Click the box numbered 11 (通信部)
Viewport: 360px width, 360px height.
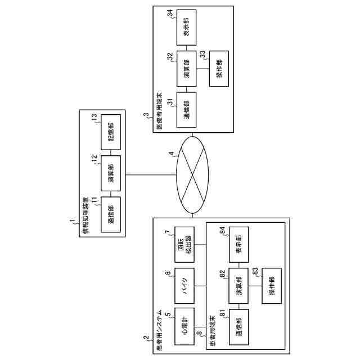coord(110,214)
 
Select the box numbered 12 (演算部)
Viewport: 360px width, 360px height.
coord(110,174)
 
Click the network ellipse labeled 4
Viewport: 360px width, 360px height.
coord(193,175)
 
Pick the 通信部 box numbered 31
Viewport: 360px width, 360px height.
coord(186,109)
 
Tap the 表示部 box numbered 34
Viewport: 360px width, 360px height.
coord(186,26)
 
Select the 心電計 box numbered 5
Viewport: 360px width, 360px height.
coord(186,325)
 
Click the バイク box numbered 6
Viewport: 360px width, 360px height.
coord(186,284)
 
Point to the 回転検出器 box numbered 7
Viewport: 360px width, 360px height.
coord(186,242)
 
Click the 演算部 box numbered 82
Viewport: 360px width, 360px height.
coord(238,287)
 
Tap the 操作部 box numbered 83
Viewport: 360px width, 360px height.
coord(271,287)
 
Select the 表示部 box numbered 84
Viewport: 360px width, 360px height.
coord(238,242)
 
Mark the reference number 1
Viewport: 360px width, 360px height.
coord(71,223)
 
